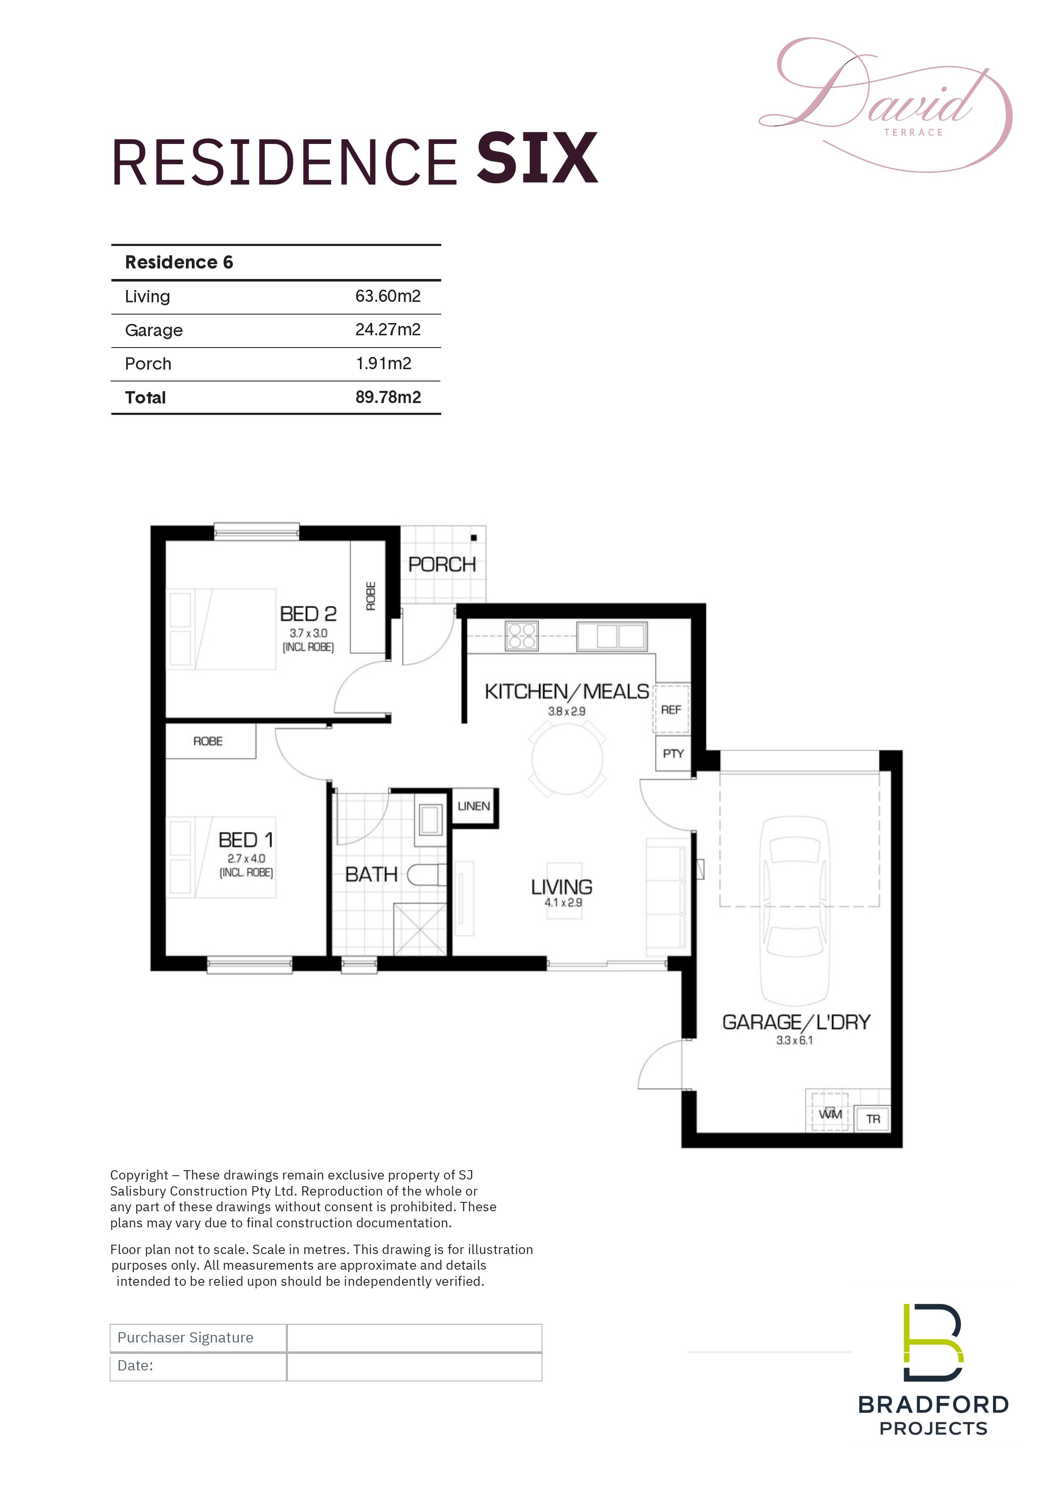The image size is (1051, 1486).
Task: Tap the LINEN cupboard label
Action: [474, 806]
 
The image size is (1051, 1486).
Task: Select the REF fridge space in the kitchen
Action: [671, 710]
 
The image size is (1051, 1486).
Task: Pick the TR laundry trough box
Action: [873, 1119]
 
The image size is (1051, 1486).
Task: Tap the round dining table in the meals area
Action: [567, 759]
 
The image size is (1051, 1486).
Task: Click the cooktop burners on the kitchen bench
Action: [522, 635]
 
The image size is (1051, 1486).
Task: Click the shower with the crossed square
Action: [420, 929]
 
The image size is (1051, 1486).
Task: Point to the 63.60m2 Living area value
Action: [387, 296]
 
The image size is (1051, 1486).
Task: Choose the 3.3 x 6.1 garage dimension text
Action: [795, 1040]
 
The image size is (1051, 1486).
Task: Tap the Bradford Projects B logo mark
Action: [933, 1342]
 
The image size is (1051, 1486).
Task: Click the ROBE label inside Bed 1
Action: [208, 741]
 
